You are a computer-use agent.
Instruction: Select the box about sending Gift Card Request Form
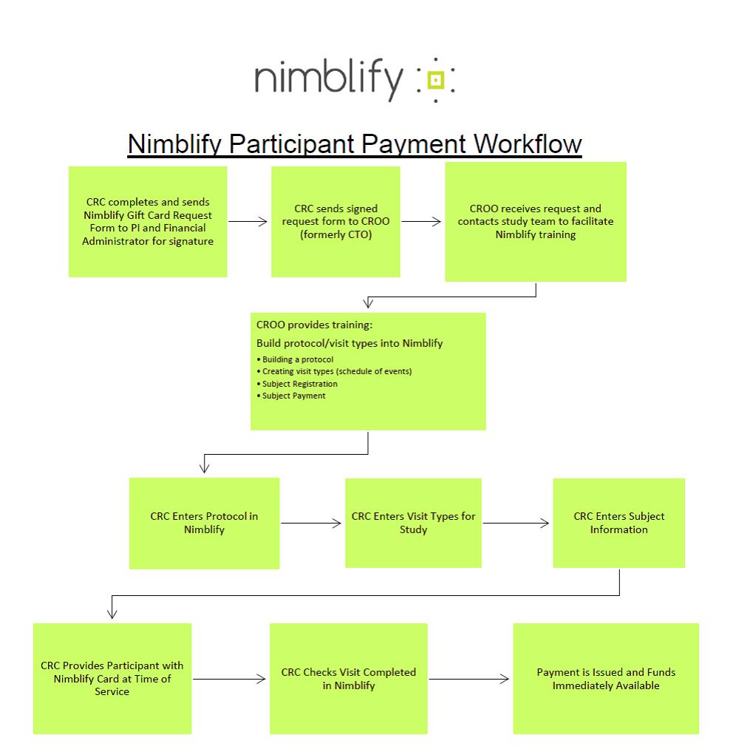[148, 222]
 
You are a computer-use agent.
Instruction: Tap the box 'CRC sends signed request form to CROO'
[335, 222]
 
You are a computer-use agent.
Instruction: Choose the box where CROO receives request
[536, 222]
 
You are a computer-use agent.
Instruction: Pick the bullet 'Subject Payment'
[293, 396]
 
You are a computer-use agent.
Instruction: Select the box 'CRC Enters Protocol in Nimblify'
[204, 523]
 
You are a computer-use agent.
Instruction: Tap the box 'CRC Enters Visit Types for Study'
[413, 523]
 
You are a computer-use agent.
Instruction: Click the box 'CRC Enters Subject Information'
[618, 523]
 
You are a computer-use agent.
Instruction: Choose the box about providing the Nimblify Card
[112, 678]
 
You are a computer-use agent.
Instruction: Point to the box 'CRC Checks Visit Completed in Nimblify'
[349, 679]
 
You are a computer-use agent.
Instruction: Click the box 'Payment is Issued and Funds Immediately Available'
[606, 679]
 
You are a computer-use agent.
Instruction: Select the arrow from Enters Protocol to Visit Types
[311, 524]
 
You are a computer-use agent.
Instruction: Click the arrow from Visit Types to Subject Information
[516, 524]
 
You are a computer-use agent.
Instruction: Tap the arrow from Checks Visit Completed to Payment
[469, 679]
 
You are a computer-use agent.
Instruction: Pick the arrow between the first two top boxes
[248, 220]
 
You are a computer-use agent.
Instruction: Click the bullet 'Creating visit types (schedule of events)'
[336, 371]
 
